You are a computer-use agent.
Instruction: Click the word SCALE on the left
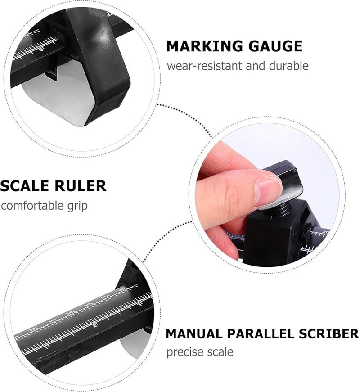tap(23, 185)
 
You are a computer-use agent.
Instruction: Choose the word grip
tap(77, 206)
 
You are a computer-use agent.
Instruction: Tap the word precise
tap(183, 351)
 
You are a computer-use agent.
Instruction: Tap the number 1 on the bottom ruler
tap(48, 347)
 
